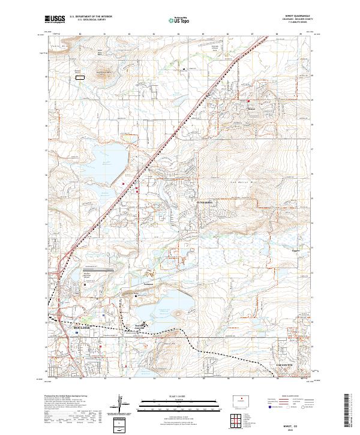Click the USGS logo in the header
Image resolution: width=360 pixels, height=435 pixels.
pos(55,19)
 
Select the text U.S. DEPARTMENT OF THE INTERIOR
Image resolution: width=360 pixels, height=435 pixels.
pos(91,17)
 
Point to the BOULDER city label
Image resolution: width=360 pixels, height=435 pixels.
pos(81,328)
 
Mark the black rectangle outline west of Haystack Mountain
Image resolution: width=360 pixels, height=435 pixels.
pos(79,76)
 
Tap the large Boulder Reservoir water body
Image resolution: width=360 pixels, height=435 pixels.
pos(111,158)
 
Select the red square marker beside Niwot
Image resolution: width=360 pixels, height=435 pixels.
pos(248,101)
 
